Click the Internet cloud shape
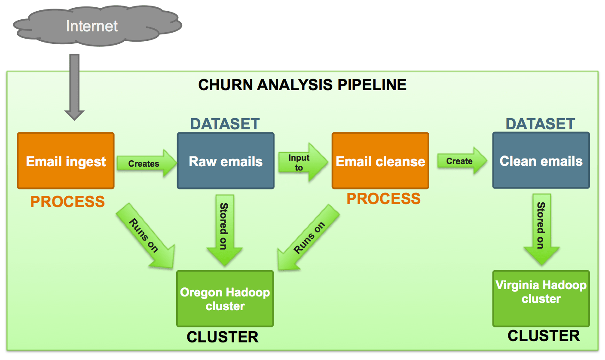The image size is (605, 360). click(92, 26)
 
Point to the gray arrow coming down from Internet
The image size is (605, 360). click(74, 86)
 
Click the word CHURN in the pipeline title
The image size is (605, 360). click(225, 85)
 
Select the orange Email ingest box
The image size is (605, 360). click(66, 161)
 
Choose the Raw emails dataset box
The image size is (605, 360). click(226, 161)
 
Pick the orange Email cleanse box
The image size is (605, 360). click(380, 161)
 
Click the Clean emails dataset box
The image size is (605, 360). click(541, 161)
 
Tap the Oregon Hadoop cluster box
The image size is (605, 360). click(225, 299)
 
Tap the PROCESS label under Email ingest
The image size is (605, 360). click(67, 201)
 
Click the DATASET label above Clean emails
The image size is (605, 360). click(540, 124)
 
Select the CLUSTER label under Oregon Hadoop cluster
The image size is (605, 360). click(223, 337)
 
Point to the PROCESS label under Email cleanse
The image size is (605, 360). click(383, 198)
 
